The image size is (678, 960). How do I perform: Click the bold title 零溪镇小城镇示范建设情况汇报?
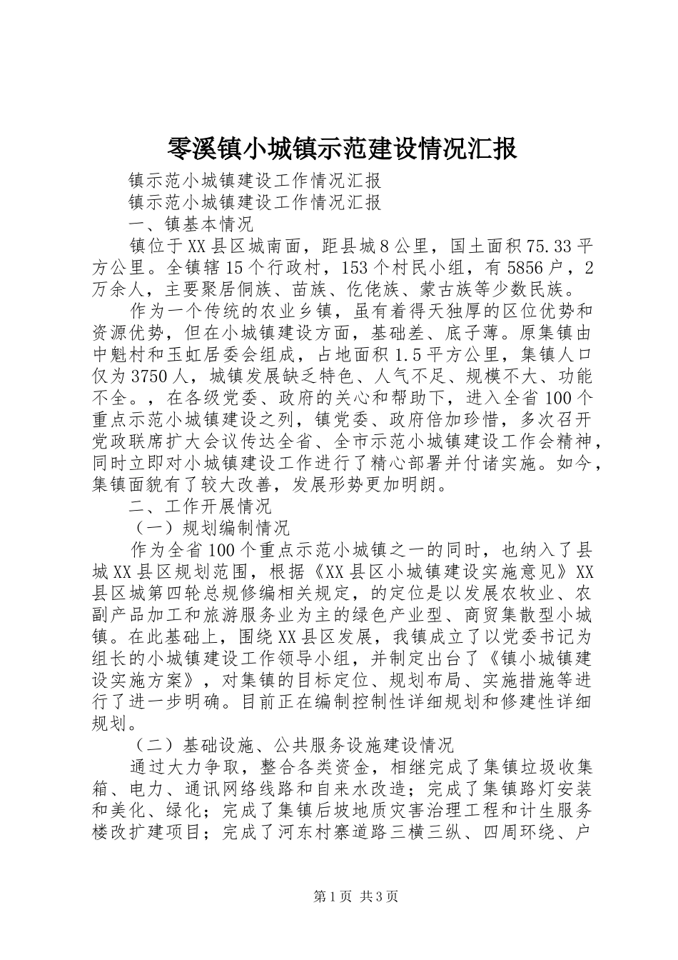[x=341, y=149]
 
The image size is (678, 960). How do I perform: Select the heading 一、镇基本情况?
[x=191, y=224]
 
